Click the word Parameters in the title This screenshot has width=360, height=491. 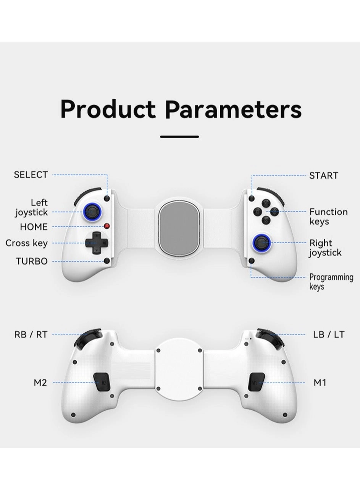tap(233, 110)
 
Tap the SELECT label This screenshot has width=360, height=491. tap(31, 175)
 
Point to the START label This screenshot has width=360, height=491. tap(324, 176)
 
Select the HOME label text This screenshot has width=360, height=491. tap(34, 227)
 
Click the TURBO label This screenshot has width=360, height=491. tap(32, 261)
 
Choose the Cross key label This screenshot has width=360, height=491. tap(27, 243)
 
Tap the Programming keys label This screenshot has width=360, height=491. tap(331, 282)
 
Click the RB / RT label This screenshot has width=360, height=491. tap(31, 335)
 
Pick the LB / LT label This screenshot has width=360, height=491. tap(329, 335)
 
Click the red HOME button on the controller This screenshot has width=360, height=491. tap(107, 226)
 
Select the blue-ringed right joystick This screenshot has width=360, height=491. tap(262, 242)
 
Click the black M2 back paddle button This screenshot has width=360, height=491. tap(102, 382)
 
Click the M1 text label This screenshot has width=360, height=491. tap(320, 382)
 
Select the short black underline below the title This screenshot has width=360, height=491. tap(179, 136)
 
